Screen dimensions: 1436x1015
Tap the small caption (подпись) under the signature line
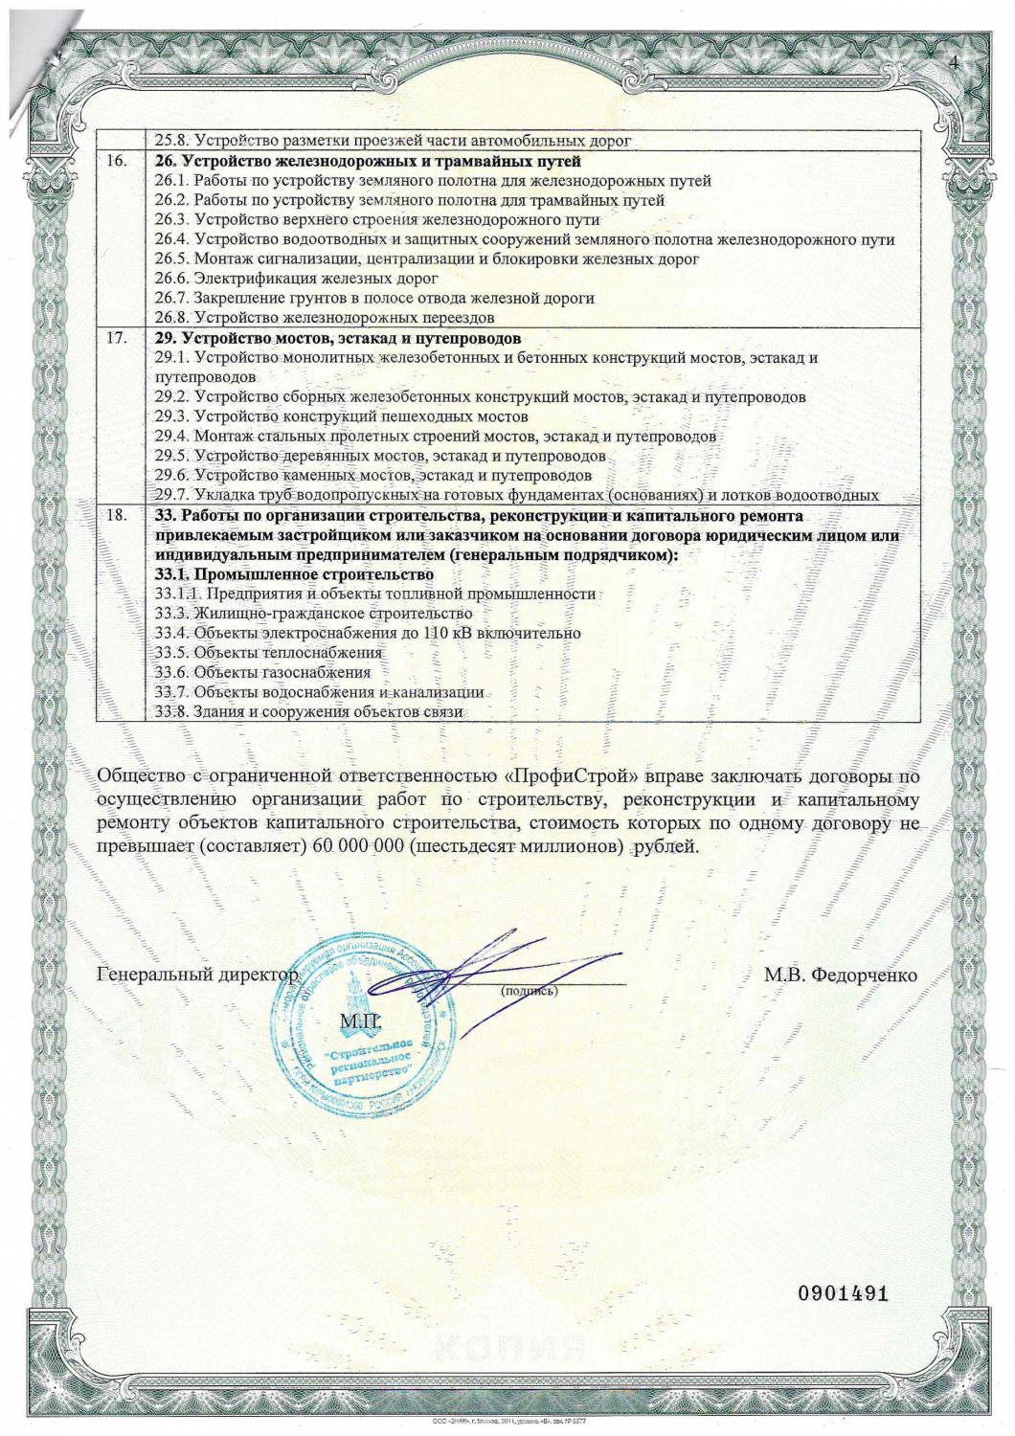coord(530,992)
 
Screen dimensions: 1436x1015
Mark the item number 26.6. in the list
coord(172,279)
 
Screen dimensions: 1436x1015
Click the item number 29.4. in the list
coord(172,437)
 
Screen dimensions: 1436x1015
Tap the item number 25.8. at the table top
coord(172,142)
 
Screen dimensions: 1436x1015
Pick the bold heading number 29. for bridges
coord(166,338)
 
